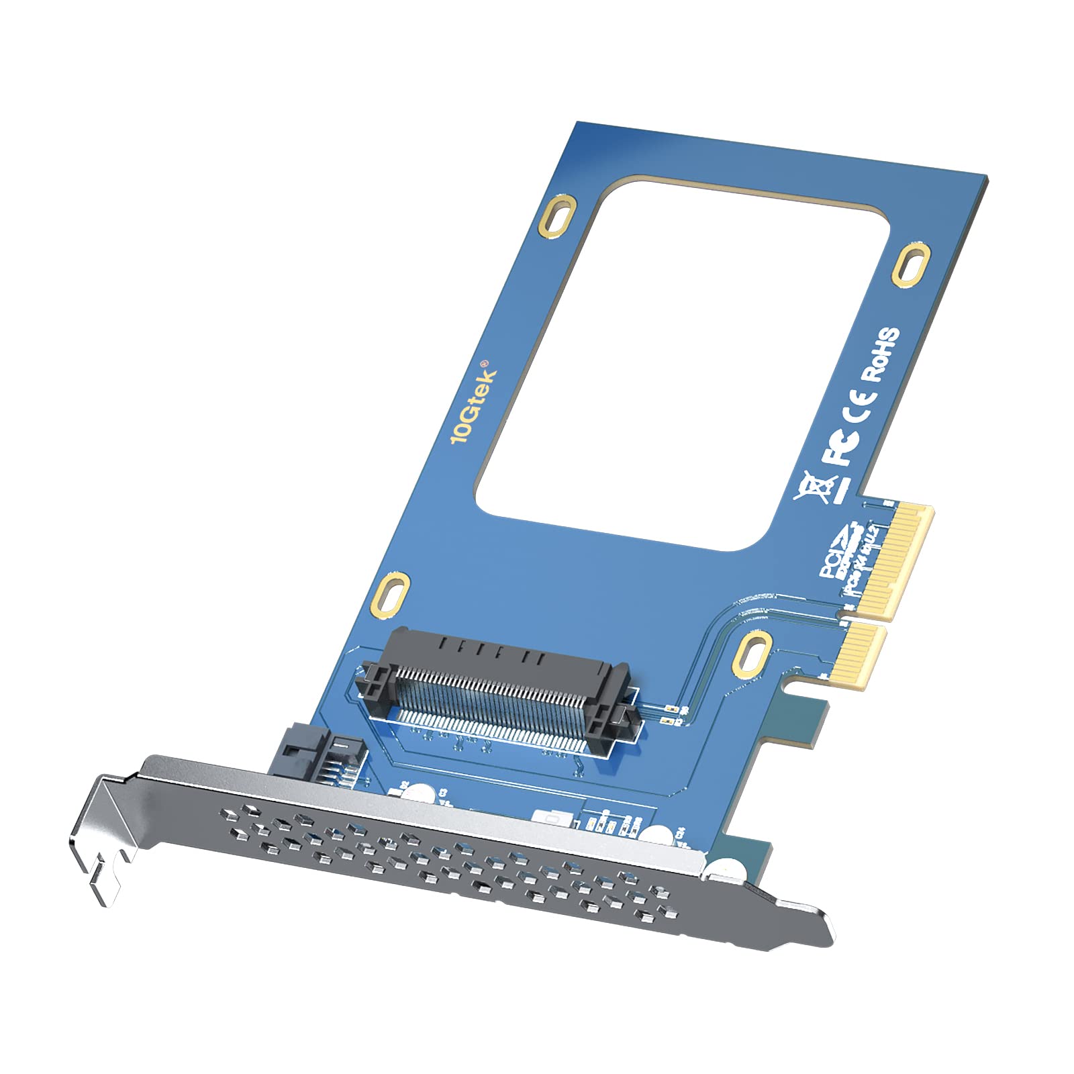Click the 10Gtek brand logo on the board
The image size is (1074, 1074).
[x=474, y=405]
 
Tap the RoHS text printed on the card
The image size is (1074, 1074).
[x=880, y=354]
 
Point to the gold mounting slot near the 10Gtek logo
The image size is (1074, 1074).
[x=558, y=215]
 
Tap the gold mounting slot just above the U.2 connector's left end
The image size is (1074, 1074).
[x=391, y=593]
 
